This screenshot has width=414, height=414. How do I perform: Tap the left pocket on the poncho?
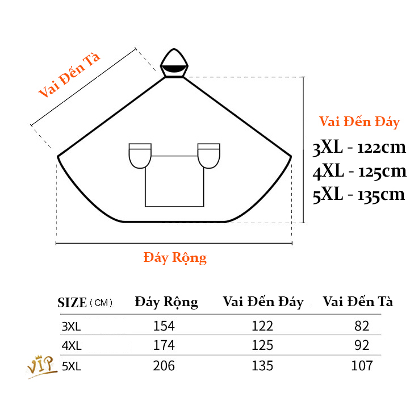139,156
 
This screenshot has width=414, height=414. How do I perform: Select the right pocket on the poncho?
209,156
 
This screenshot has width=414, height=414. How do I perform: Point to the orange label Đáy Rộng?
174,257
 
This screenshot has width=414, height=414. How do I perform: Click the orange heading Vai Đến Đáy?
359,122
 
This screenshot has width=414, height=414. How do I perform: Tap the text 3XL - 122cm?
359,148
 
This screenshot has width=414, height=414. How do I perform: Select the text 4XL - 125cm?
359,171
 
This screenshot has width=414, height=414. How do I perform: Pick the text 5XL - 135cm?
359,195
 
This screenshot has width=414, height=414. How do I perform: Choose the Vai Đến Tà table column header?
358,302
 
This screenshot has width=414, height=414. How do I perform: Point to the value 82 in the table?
361,326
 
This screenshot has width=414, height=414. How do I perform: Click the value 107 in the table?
361,365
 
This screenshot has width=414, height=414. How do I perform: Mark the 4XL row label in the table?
71,345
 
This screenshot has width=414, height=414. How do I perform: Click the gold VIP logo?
42,366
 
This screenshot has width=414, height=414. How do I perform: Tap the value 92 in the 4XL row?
361,345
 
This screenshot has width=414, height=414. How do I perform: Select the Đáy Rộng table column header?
166,302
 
